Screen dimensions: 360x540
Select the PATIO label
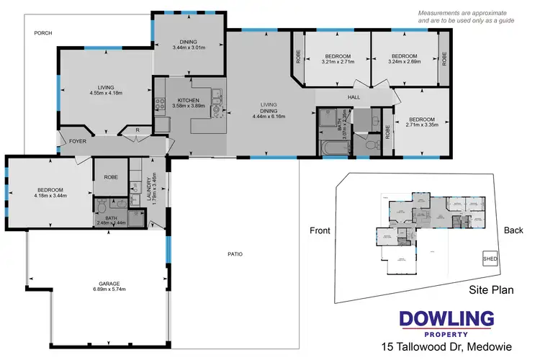(x=235, y=254)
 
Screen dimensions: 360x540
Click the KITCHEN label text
(x=180, y=100)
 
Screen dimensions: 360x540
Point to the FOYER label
(x=78, y=141)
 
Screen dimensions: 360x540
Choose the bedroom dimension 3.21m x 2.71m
(x=338, y=62)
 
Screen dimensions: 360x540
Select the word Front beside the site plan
(x=320, y=231)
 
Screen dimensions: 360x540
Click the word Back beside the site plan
(x=514, y=231)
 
